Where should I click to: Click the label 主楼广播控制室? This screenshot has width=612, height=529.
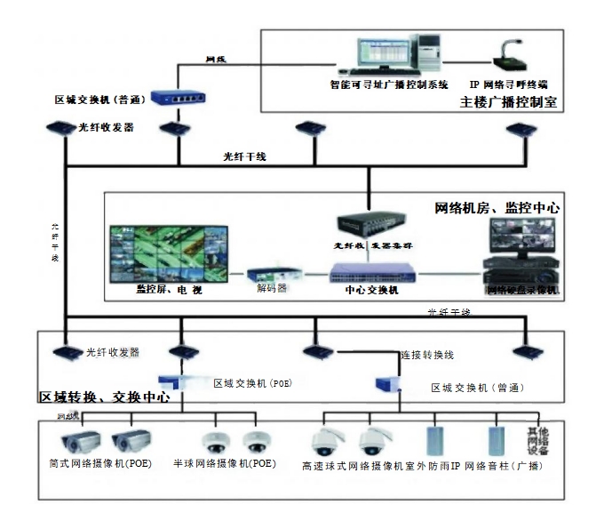[510, 101]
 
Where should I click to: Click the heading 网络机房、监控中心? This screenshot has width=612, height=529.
[497, 207]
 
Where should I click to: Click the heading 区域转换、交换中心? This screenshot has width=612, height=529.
[105, 397]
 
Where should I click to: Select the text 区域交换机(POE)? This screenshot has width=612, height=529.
[252, 383]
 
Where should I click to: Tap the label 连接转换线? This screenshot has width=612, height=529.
[427, 354]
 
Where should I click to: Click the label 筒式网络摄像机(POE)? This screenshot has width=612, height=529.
[99, 464]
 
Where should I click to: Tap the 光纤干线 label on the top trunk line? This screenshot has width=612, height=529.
[244, 156]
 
